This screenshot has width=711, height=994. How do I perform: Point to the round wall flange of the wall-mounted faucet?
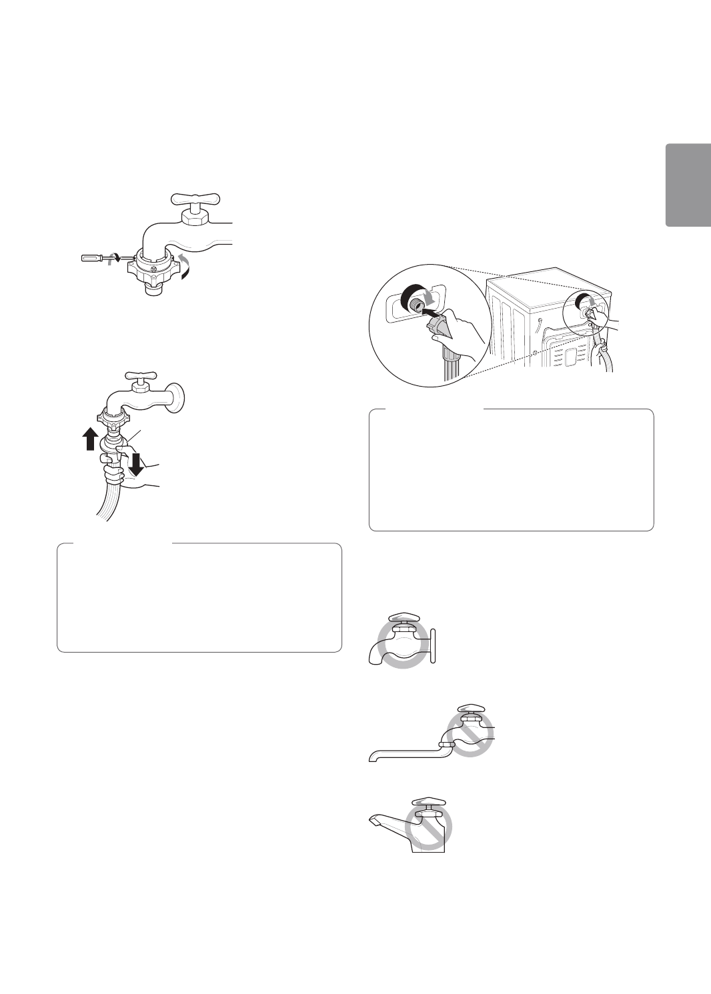point(176,396)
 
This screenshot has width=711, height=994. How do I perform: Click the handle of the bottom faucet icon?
point(429,803)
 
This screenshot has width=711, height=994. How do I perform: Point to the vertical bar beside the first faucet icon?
point(433,646)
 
